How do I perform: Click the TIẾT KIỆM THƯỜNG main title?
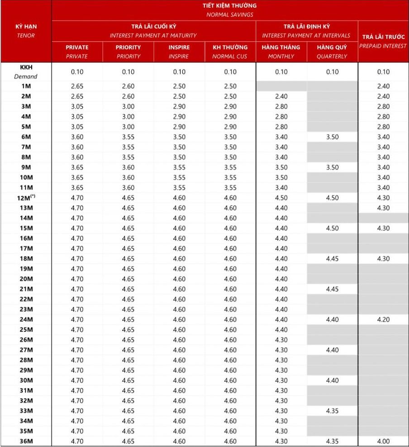tap(230, 6)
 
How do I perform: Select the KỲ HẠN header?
tap(25, 27)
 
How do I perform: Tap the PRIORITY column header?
tap(128, 47)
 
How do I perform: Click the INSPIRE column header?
tap(179, 47)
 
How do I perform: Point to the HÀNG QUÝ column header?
tap(332, 47)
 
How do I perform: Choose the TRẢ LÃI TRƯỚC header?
tap(383, 37)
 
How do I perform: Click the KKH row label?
tap(25, 67)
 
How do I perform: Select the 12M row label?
tap(26, 198)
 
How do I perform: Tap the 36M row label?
tap(26, 441)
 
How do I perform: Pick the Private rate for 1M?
tap(77, 86)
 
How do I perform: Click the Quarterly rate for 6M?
tap(332, 137)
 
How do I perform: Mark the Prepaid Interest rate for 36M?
tap(383, 441)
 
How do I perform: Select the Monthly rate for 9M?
tap(281, 167)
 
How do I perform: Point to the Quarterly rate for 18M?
tap(332, 259)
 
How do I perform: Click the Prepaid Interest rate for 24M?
tap(383, 319)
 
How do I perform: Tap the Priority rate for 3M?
tap(128, 106)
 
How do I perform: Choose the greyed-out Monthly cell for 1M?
tap(281, 86)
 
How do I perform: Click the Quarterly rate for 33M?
tap(332, 411)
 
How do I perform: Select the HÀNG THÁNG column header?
tap(281, 47)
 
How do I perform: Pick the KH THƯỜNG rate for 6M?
tap(230, 137)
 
